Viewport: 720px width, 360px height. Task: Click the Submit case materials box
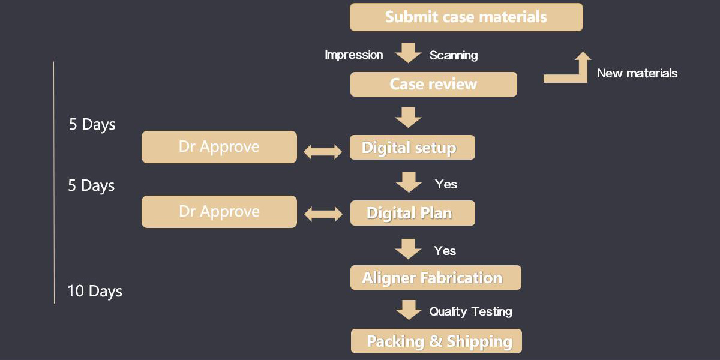(466, 17)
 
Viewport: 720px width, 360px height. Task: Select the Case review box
(433, 84)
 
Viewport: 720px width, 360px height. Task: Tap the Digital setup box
(412, 148)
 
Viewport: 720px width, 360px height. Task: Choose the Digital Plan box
(412, 213)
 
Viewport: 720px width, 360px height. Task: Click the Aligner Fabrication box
(436, 278)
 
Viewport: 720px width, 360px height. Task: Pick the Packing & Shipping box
(436, 341)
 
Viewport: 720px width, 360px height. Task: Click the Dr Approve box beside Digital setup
(219, 147)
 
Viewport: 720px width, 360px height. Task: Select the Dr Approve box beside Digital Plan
(219, 212)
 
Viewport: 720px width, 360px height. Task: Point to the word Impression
(354, 55)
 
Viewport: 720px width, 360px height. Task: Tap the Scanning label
(454, 56)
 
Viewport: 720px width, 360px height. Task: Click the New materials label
(637, 74)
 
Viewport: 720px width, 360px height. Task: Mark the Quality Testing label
(470, 311)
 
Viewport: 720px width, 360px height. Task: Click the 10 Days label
(95, 292)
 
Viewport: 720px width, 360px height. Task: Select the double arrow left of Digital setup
(323, 152)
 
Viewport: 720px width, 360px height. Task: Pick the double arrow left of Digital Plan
(323, 215)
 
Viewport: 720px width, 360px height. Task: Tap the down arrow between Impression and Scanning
(409, 52)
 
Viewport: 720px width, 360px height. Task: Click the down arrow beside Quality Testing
(409, 310)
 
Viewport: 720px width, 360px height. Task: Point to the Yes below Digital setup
(446, 184)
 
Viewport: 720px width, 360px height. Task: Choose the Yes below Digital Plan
(445, 251)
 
